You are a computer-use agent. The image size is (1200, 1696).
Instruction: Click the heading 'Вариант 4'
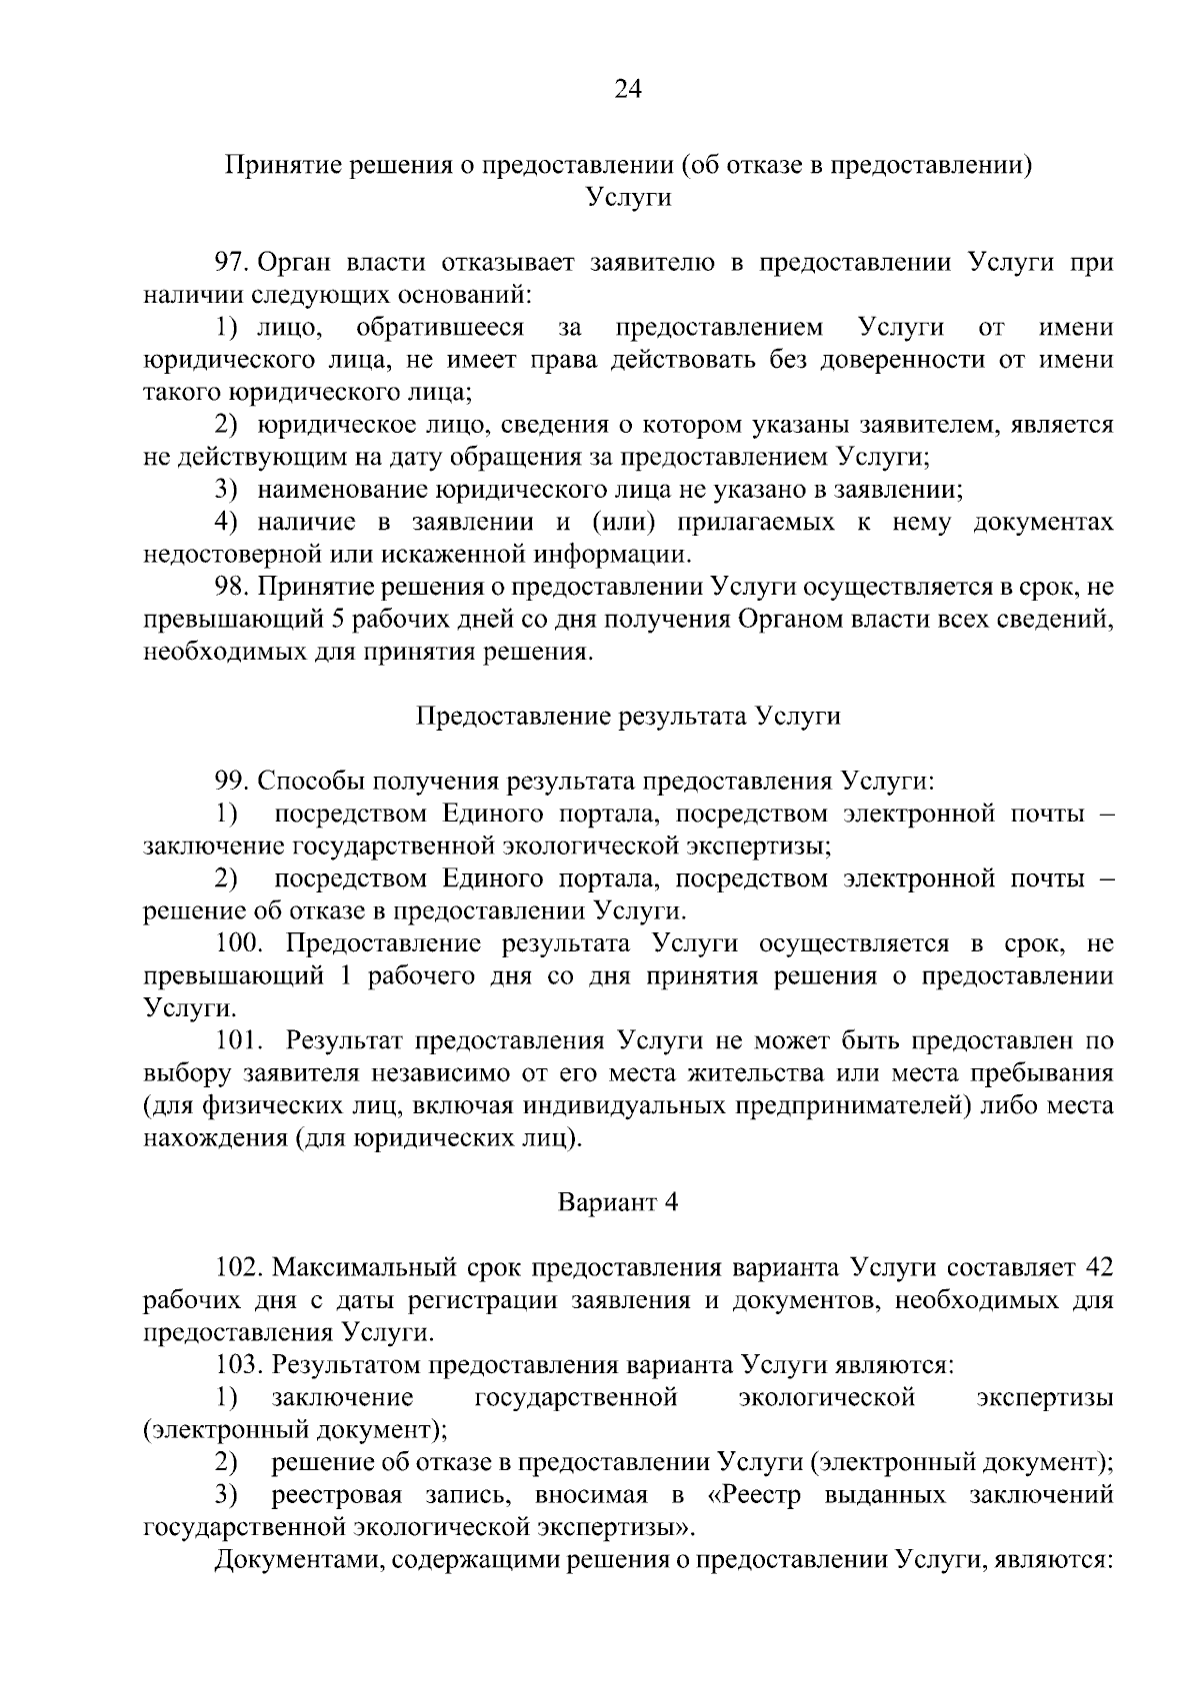tap(617, 1202)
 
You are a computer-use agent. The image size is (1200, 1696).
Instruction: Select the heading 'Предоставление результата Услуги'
tap(627, 717)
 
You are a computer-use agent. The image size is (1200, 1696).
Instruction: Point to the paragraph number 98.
tap(231, 587)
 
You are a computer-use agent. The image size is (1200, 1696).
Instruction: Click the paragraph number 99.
tap(231, 782)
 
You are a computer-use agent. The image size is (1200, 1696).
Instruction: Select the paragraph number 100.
tap(237, 943)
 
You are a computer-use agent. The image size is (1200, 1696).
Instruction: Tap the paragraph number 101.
tap(237, 1040)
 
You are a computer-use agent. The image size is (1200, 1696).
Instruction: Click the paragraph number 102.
tap(237, 1267)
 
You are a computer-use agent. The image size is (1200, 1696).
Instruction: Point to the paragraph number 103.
tap(237, 1364)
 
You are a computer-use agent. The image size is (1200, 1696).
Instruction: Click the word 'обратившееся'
tap(439, 328)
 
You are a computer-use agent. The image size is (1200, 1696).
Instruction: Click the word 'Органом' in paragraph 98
tap(790, 620)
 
